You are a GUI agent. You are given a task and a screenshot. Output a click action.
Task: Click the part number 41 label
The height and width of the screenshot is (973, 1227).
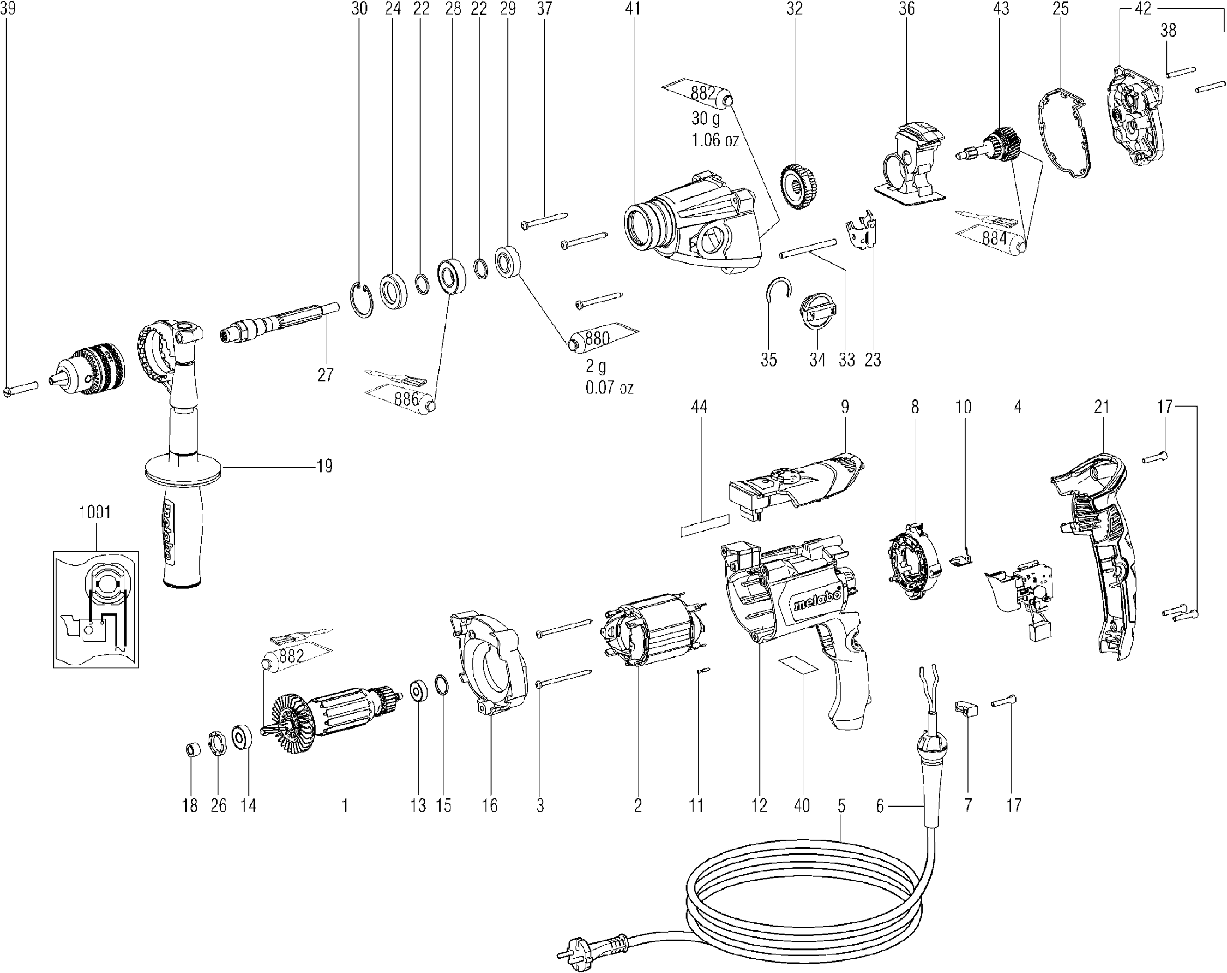coord(633,9)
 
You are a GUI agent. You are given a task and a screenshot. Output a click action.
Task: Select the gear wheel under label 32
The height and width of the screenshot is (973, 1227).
coord(799,187)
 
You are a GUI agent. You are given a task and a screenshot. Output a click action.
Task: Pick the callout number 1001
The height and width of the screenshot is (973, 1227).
coord(94,512)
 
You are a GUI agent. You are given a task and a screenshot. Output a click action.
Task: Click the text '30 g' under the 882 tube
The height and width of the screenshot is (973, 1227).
coord(706,118)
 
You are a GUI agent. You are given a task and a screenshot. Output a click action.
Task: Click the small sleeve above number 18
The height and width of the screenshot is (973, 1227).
coord(193,749)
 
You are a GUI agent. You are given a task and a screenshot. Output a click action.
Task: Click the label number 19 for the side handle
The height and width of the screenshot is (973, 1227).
coord(324,466)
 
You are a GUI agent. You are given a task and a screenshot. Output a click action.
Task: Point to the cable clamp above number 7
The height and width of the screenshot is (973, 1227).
coord(966,709)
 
